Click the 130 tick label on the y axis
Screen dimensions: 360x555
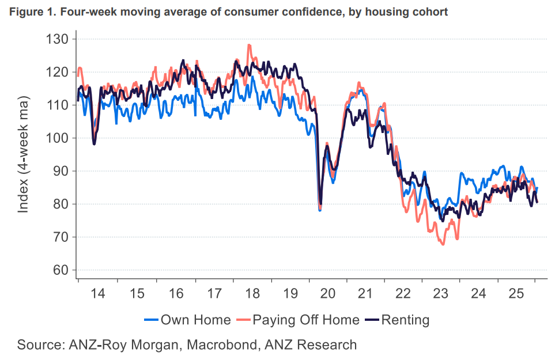click(58, 39)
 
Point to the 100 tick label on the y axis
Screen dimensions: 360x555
click(58, 138)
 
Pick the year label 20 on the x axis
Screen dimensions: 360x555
click(327, 293)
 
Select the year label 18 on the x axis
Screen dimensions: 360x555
click(251, 293)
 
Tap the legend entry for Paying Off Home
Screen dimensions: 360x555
click(305, 320)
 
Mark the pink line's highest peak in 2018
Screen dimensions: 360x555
click(249, 45)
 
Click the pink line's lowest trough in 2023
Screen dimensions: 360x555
click(443, 244)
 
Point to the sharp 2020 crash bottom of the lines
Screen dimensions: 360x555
click(320, 210)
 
